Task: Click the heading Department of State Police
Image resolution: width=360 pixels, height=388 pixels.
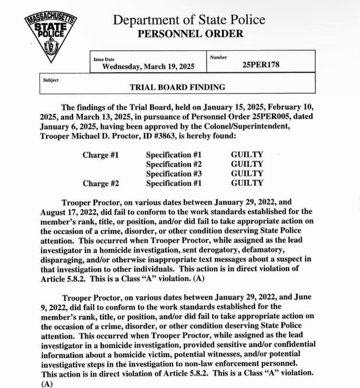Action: pyautogui.click(x=189, y=20)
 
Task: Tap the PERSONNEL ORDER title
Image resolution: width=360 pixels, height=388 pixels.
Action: pyautogui.click(x=190, y=34)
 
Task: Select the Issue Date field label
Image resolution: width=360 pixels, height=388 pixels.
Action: pyautogui.click(x=104, y=59)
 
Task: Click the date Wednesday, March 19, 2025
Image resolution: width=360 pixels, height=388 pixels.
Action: pyautogui.click(x=148, y=66)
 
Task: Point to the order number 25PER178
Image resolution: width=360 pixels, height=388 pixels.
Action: pyautogui.click(x=261, y=65)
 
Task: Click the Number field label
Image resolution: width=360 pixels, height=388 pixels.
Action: pyautogui.click(x=218, y=57)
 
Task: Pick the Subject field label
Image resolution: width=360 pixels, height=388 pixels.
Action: pyautogui.click(x=51, y=80)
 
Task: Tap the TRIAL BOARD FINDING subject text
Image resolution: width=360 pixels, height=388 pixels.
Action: pyautogui.click(x=177, y=87)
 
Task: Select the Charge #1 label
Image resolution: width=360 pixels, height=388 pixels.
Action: pyautogui.click(x=101, y=155)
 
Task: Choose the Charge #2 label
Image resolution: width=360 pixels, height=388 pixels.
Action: pyautogui.click(x=101, y=183)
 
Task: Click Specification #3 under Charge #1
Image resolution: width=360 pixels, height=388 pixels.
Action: pyautogui.click(x=174, y=174)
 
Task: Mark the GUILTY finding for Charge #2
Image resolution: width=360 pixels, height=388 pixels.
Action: pyautogui.click(x=247, y=183)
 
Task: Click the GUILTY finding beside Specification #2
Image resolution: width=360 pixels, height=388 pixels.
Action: pyautogui.click(x=247, y=164)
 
